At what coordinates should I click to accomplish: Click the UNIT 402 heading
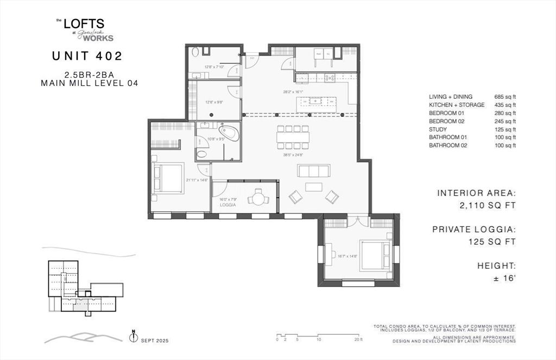[x=87, y=55]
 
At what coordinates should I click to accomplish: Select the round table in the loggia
[x=257, y=199]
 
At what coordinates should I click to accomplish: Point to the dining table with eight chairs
[x=293, y=138]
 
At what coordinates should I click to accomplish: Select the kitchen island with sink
[x=316, y=101]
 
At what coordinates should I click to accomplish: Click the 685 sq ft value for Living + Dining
[x=505, y=97]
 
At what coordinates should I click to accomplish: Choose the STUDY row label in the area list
[x=438, y=130]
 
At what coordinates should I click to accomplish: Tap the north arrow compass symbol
[x=133, y=337]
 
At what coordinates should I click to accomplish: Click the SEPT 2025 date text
[x=155, y=340]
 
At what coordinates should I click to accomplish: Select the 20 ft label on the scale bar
[x=358, y=339]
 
